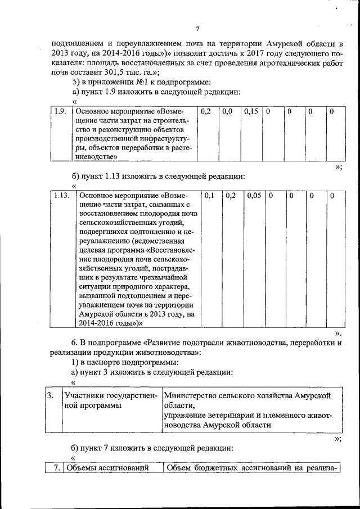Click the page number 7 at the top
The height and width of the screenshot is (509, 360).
(197, 29)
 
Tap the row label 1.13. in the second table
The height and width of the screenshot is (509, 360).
(61, 195)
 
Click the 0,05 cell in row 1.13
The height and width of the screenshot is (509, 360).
(253, 195)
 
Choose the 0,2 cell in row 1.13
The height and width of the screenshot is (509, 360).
(231, 195)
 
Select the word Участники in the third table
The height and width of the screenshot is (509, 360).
(83, 396)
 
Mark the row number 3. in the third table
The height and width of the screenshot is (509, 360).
(51, 396)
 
